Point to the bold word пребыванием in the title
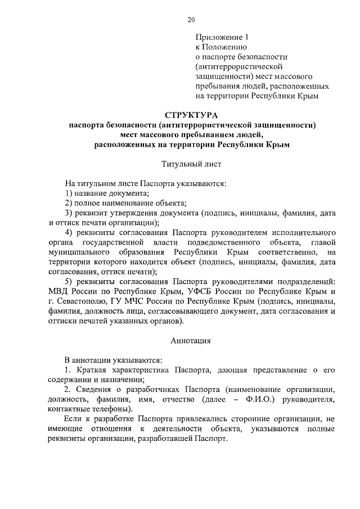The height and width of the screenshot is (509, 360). [x=193, y=135]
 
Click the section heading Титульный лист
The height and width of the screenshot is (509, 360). [x=191, y=165]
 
